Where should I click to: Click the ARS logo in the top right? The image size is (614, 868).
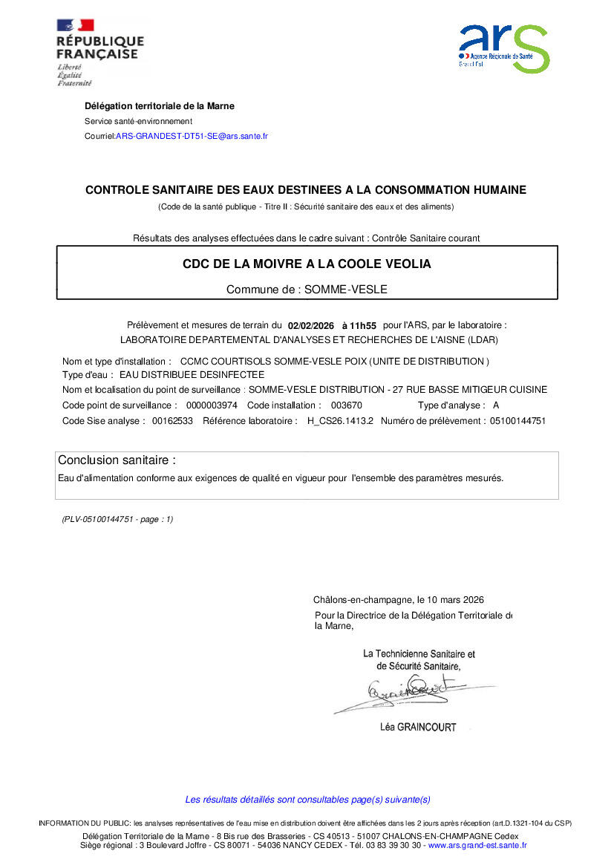[504, 48]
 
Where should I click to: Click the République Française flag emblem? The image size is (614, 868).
[75, 25]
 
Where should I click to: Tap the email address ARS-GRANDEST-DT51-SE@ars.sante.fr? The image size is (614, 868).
[192, 137]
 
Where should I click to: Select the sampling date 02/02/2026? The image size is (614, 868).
[312, 325]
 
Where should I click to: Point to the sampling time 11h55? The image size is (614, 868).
[365, 325]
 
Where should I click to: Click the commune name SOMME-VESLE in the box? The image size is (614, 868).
[344, 290]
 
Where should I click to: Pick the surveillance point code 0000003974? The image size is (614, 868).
[212, 405]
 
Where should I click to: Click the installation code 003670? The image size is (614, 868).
[346, 405]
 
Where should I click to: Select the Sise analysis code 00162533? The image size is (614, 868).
[172, 421]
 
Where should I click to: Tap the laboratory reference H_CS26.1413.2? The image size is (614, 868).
[340, 421]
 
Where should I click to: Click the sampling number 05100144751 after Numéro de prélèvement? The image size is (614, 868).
[518, 421]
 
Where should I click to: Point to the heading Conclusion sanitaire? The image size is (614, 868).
[117, 460]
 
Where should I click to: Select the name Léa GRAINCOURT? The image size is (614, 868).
[418, 728]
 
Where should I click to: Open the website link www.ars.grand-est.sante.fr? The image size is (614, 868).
[477, 845]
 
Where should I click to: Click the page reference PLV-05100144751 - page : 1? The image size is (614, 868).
[117, 520]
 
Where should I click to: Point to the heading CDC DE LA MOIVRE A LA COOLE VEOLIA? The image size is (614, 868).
[307, 264]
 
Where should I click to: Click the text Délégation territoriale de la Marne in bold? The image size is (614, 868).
[160, 106]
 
